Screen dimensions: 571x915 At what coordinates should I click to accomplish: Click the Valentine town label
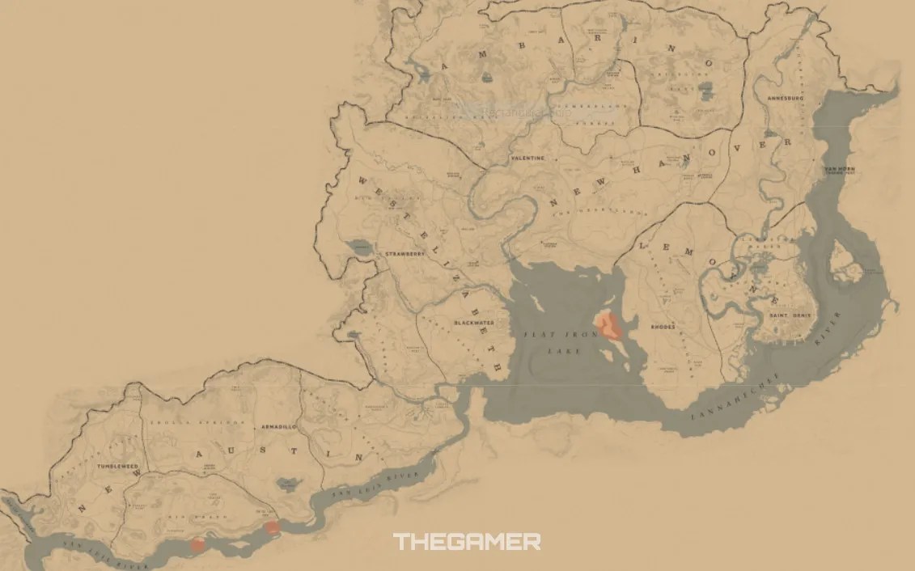coord(527,159)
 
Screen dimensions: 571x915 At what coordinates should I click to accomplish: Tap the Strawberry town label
coord(405,254)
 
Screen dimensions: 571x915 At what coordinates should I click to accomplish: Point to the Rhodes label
coord(663,328)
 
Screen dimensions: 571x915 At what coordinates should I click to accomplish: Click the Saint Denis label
coord(790,315)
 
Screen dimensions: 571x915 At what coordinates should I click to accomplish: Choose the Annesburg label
coord(785,98)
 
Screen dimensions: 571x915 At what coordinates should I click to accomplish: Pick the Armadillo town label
coord(278,425)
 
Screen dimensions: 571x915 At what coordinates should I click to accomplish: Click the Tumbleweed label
coord(118,467)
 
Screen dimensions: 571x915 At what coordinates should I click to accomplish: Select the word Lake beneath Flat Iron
coord(553,352)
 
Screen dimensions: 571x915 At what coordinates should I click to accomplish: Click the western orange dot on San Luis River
coord(197,545)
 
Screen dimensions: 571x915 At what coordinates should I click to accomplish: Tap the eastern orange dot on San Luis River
coord(273,528)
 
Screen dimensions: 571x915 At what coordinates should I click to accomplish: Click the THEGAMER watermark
coord(467,542)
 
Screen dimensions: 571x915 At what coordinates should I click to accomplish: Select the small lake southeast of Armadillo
coord(286,484)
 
